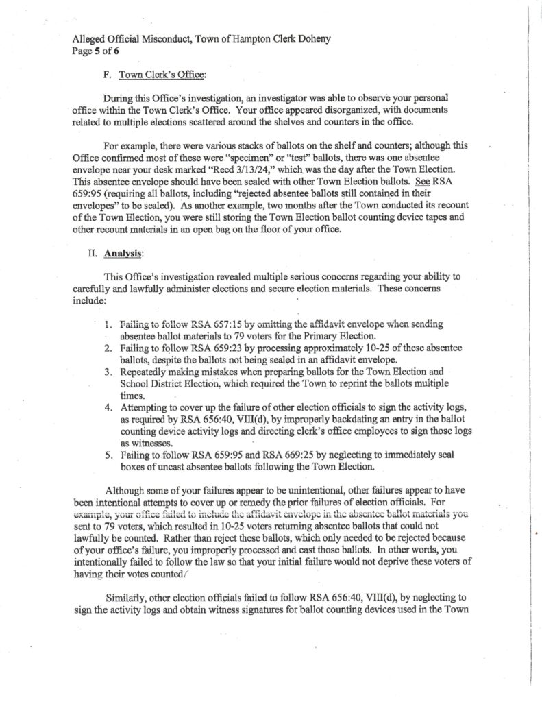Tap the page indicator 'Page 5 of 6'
(x=97, y=51)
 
